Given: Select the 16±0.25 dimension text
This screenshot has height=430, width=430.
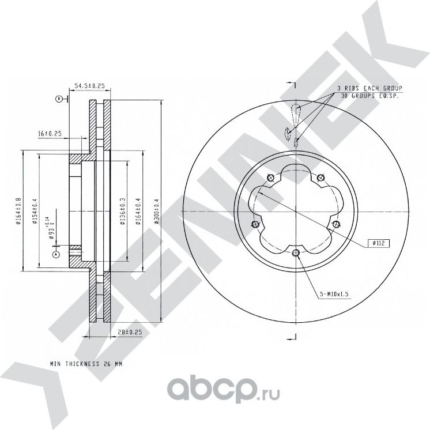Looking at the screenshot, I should click(x=50, y=133).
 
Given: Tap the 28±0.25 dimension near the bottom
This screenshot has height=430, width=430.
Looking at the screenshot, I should click(x=130, y=331).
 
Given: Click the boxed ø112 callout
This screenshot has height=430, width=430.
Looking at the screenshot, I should click(x=378, y=244).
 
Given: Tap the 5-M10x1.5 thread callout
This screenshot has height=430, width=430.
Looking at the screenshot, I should click(x=335, y=294).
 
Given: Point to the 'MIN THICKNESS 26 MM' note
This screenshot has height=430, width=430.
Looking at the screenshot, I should click(x=86, y=365).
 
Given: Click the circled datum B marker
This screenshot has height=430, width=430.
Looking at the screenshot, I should click(x=58, y=99).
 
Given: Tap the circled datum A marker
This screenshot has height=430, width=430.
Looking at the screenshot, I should click(x=55, y=254).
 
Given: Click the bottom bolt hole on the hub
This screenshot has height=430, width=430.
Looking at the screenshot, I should click(x=296, y=253).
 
